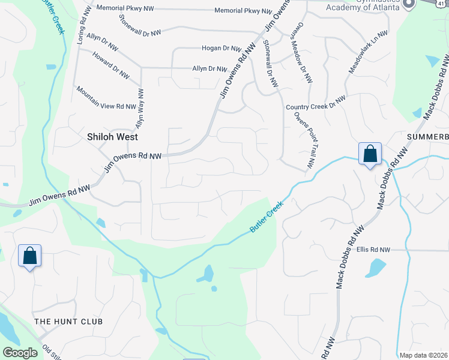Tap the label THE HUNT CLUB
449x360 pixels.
coord(68,322)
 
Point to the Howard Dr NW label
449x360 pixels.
coord(111,65)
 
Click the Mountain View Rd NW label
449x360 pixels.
coord(106,97)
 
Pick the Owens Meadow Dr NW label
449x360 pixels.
coord(302,53)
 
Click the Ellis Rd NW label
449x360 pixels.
coord(373,250)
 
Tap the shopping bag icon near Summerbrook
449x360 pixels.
coord(370,154)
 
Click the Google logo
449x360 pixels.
coord(20,353)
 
